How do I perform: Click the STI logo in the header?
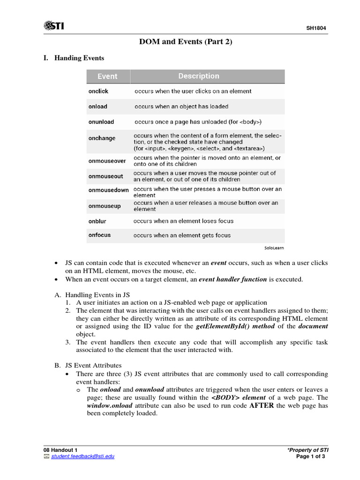53,26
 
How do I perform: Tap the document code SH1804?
316,29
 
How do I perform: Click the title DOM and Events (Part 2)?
186,42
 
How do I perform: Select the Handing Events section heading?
79,58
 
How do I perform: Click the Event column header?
107,76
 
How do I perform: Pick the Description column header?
198,76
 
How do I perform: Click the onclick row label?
98,91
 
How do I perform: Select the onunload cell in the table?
101,122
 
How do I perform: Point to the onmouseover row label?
107,161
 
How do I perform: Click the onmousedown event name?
108,190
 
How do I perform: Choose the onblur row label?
97,221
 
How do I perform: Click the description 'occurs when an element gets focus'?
182,235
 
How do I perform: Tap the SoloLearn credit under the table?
274,247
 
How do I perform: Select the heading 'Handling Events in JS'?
97,295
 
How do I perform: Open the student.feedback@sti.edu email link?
82,456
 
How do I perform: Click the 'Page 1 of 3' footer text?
311,456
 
